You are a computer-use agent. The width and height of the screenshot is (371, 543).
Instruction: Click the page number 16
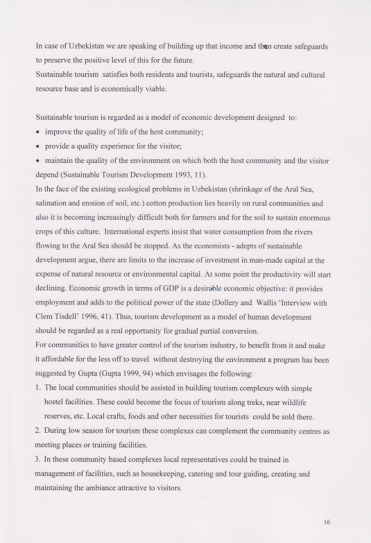point(326,522)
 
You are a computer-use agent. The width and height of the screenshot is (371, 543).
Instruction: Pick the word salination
point(51,203)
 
